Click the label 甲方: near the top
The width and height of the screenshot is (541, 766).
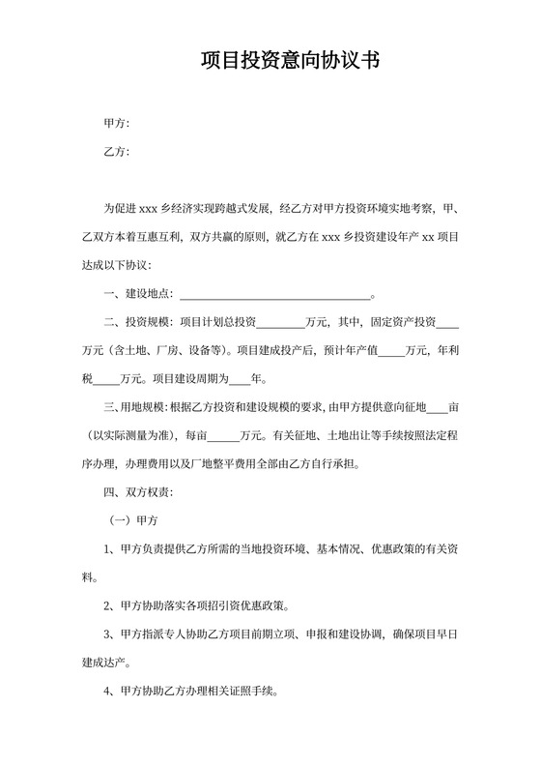(116, 124)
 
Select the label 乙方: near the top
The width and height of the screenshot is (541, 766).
(116, 152)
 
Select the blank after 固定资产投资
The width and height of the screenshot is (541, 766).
(448, 322)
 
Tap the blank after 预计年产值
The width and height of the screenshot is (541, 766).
(391, 350)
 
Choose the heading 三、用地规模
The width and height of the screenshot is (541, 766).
(135, 407)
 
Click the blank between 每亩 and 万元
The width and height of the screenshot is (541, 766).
(223, 435)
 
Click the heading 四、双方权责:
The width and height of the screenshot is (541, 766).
(138, 492)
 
